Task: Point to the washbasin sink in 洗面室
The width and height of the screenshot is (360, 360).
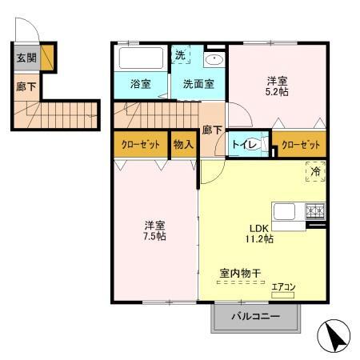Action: (x=214, y=61)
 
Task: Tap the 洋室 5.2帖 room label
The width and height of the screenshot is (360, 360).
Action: (x=278, y=86)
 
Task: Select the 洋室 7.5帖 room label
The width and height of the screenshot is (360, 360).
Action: (x=154, y=230)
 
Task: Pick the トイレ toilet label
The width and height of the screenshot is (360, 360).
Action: (x=245, y=145)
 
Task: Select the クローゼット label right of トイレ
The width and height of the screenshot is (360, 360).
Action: (x=302, y=145)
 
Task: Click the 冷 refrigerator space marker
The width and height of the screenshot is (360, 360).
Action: (x=315, y=171)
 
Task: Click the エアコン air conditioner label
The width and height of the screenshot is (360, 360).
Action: (x=283, y=286)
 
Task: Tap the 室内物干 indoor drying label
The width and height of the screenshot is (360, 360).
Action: (x=240, y=273)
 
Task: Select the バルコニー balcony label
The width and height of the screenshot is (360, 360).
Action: (x=256, y=317)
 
